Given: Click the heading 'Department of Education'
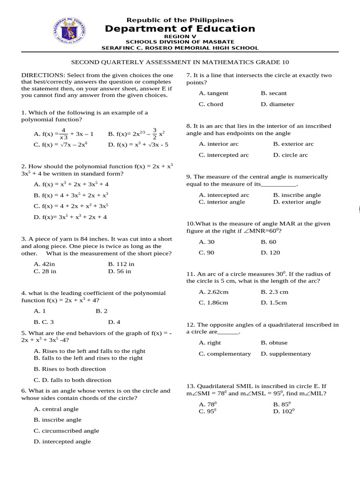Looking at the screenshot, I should coord(180,29).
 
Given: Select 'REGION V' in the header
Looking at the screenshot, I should coord(180,36).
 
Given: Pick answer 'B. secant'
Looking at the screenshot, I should coord(274,93).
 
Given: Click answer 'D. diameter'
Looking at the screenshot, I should coord(277,104).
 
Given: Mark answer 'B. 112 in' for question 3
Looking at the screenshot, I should coord(121,264).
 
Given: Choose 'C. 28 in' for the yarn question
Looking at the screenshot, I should coord(45,271).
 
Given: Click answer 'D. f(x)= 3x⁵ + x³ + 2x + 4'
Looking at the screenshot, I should coord(70,217).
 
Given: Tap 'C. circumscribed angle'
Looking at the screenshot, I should coord(66,431).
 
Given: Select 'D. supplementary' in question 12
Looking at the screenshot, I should coord(285,354).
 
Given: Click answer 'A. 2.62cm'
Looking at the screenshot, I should coord(213,292).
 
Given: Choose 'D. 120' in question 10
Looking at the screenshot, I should coord(270,253).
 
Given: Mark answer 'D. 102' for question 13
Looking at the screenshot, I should coord(284,412).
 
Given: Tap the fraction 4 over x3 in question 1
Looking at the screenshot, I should coord(64,134).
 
